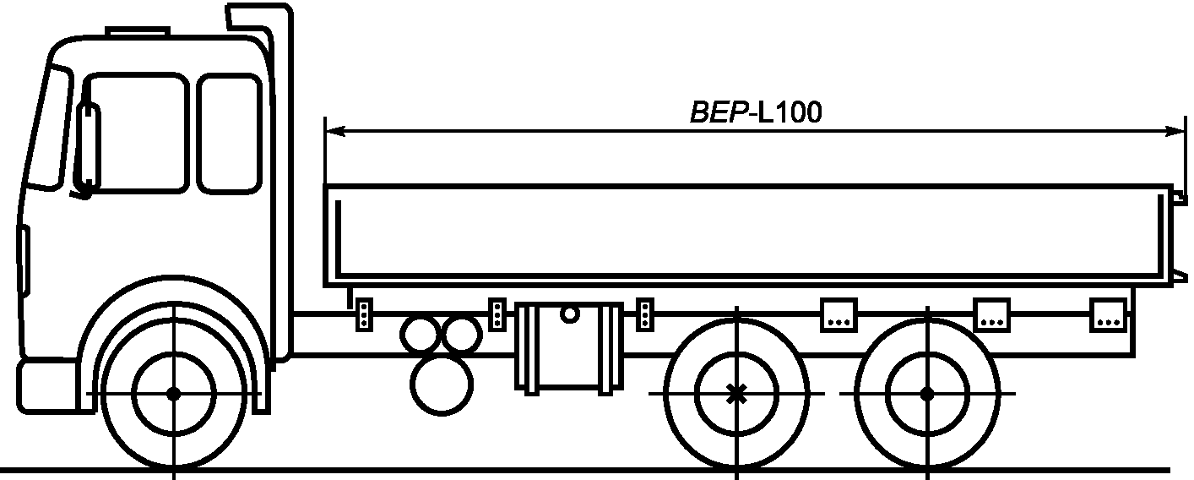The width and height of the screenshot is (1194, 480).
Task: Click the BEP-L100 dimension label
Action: (x=756, y=112)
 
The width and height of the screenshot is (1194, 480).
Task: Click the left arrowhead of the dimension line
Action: (x=334, y=131)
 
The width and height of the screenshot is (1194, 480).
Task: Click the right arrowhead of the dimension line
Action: (x=1175, y=131)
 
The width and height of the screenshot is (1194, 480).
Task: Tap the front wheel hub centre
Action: (x=174, y=394)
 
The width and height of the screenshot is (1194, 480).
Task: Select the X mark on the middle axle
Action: (x=736, y=394)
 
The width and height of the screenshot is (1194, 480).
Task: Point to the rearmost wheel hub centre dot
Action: (x=927, y=394)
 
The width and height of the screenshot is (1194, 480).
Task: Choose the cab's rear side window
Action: (x=230, y=134)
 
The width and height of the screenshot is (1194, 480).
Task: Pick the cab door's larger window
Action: (x=136, y=134)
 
